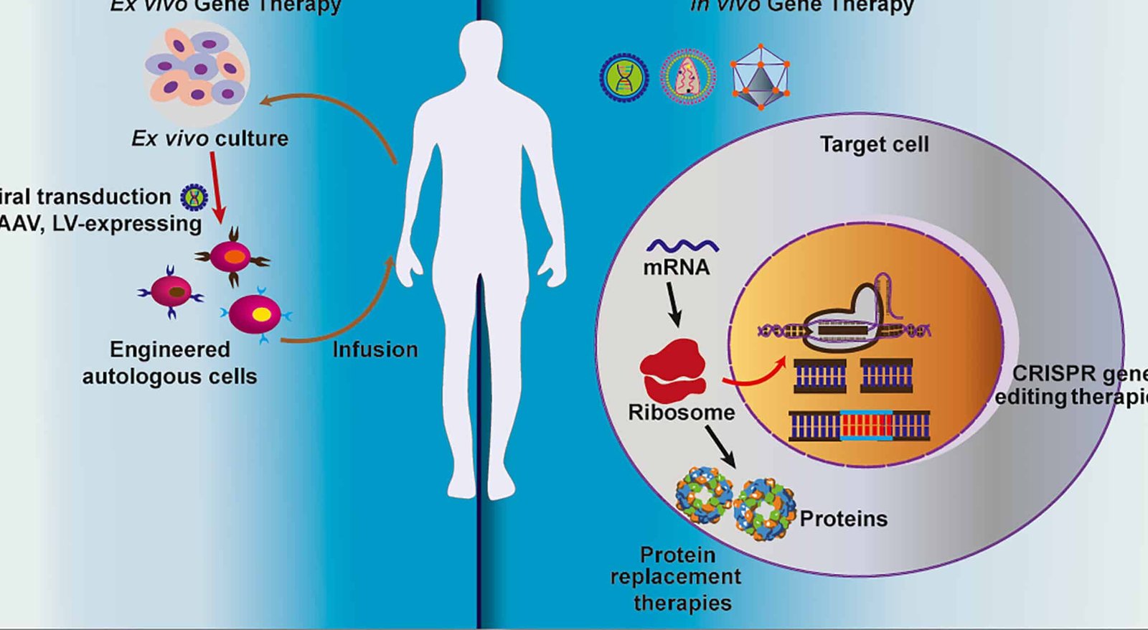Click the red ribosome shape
[673, 370]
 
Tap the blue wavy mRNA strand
[682, 246]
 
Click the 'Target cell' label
[874, 144]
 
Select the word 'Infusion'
[375, 349]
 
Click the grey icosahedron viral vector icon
[760, 77]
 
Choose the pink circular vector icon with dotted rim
[687, 76]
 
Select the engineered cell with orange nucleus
[232, 257]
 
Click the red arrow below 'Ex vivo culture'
[217, 186]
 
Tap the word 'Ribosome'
[681, 413]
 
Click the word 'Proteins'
[843, 519]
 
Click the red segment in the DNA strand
[866, 426]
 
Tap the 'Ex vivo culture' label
[210, 138]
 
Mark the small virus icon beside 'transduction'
[193, 197]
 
